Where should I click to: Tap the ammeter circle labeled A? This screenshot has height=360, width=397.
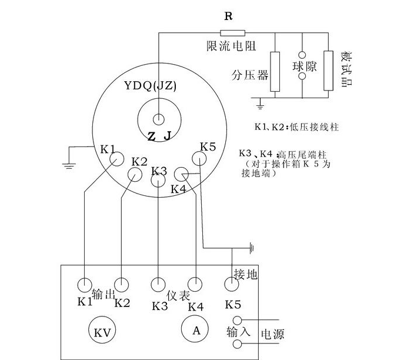click(x=196, y=329)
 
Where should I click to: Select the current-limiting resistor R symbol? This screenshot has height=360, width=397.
click(x=228, y=33)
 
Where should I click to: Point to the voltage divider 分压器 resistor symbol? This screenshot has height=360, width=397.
click(x=275, y=71)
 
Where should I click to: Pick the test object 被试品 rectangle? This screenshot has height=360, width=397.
click(x=328, y=71)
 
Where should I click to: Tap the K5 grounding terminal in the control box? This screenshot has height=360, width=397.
click(x=231, y=285)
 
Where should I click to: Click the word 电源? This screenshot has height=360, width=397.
click(x=272, y=335)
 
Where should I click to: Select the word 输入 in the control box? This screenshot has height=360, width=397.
click(x=238, y=332)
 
